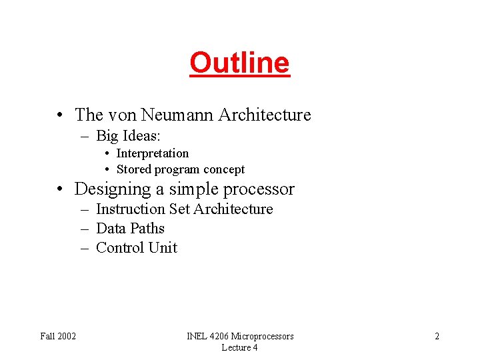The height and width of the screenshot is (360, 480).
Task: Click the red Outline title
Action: pyautogui.click(x=239, y=63)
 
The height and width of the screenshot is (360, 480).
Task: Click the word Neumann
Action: pyautogui.click(x=177, y=115)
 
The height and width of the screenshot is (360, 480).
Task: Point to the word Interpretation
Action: pyautogui.click(x=153, y=153)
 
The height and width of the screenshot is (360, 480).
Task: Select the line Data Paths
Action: pyautogui.click(x=130, y=229)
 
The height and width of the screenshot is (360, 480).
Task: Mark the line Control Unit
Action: pyautogui.click(x=137, y=248)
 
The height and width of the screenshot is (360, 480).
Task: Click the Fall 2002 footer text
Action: pyautogui.click(x=58, y=336)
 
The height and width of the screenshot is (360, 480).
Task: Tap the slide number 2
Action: pyautogui.click(x=437, y=336)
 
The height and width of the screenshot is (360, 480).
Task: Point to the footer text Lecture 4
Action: pyautogui.click(x=239, y=347)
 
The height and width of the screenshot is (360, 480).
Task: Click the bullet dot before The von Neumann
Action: pyautogui.click(x=61, y=116)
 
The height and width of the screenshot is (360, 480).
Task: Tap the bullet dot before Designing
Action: pyautogui.click(x=61, y=190)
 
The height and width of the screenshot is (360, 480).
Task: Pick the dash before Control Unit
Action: pyautogui.click(x=85, y=248)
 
